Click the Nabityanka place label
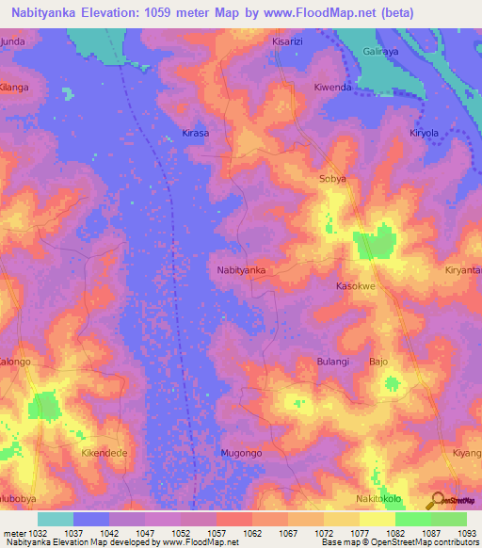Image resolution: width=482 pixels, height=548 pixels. pos(241,270)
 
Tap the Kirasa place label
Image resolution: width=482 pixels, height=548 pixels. pos(195,134)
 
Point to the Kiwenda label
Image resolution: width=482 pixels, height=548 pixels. pos(332,88)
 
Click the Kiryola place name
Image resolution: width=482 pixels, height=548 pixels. pos(424,134)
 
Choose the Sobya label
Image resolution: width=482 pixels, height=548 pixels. pos(333,178)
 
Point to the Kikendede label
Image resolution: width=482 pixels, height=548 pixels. pos(104,454)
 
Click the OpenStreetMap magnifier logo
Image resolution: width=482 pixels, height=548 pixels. pos(437,500)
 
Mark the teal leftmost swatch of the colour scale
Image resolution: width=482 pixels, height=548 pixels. pos(56,519)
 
